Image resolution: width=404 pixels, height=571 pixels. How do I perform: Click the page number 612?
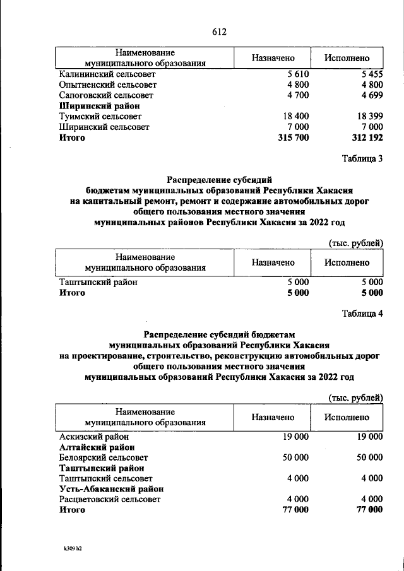pos(219,32)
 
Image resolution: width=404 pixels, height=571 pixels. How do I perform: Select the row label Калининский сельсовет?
pos(108,74)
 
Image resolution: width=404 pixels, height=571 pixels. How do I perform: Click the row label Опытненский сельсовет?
pos(107,85)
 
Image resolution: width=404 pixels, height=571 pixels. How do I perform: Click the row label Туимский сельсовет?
pos(100,117)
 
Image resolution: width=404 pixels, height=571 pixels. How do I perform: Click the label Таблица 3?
pos(362,159)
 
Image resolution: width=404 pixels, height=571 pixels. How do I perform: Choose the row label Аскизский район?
pos(94,436)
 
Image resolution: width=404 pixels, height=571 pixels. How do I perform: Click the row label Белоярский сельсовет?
pos(104,457)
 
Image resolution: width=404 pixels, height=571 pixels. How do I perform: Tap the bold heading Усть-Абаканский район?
pos(112,488)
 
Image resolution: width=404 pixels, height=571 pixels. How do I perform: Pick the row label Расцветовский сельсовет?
pos(110,499)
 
